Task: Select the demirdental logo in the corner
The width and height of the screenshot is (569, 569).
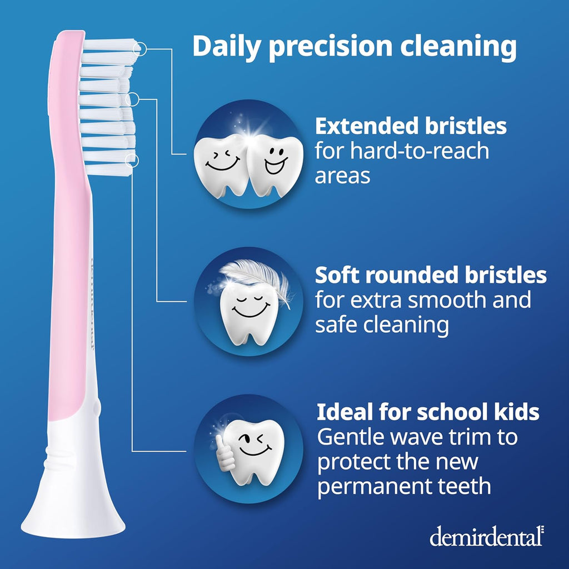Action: (486, 536)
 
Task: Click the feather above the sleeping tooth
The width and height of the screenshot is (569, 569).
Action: (258, 278)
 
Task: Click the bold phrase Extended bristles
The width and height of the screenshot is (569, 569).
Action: (411, 126)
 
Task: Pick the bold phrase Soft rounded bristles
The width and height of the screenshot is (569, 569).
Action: (431, 275)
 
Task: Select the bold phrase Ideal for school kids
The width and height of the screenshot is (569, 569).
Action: (428, 412)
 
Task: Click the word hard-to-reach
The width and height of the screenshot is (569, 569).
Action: (402, 151)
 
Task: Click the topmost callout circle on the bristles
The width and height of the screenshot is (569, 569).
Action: (140, 49)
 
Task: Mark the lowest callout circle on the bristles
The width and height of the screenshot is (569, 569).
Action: (132, 161)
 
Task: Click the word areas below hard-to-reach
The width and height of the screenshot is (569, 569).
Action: (342, 176)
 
